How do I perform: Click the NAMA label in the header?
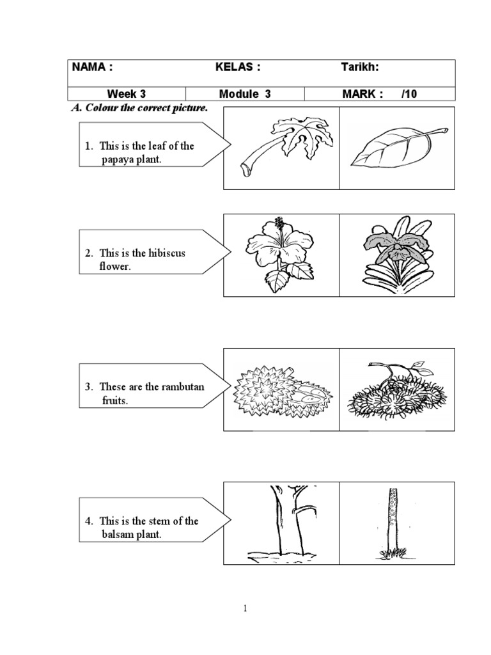pos(92,67)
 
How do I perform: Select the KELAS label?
pos(238,67)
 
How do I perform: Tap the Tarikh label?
pos(360,67)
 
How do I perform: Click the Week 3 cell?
pos(126,94)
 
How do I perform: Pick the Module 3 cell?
pos(245,94)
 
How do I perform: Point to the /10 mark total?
pos(409,94)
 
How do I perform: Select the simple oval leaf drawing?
pos(399,146)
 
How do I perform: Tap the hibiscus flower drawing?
pos(281,254)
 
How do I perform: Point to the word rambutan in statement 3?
pos(183,387)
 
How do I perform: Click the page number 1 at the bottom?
pos(245,609)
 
